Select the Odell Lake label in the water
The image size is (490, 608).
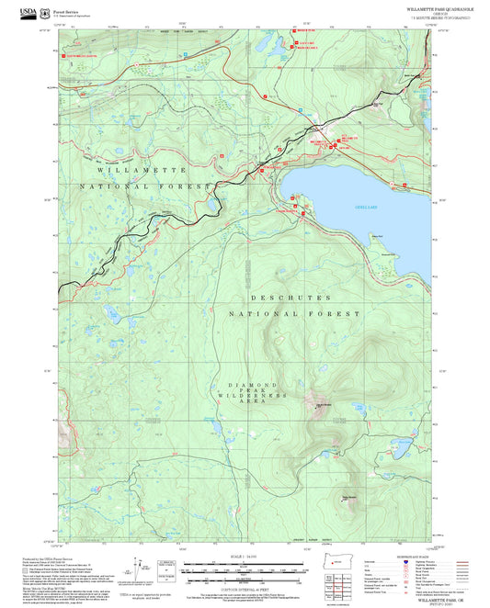coord(365,208)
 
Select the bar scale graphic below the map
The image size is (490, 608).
coord(243,567)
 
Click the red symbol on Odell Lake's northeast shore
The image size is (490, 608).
coord(403,184)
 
